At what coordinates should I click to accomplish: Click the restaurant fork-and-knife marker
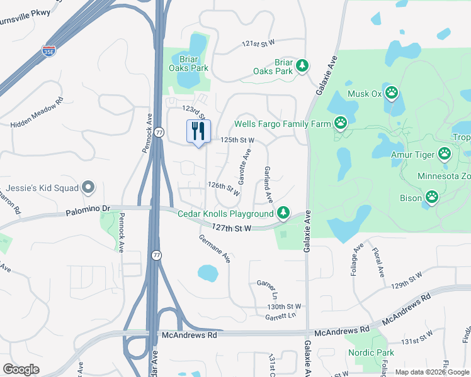point(199,132)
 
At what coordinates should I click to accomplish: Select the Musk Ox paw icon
point(392,94)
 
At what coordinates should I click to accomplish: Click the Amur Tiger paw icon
point(445,153)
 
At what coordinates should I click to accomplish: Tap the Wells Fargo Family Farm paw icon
point(341,123)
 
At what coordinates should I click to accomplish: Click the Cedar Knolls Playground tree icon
point(284,214)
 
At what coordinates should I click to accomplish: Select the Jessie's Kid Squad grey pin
point(89,187)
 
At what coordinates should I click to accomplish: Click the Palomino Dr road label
point(88,212)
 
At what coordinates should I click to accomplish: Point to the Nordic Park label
point(372,352)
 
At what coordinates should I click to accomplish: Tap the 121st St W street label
point(259,43)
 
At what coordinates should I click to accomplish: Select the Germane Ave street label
point(215,248)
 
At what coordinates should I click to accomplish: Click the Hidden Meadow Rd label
point(37,113)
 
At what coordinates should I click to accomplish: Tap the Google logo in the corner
point(21,369)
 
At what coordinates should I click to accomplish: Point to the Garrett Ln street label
point(280,317)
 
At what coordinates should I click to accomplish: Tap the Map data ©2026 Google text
point(431,372)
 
